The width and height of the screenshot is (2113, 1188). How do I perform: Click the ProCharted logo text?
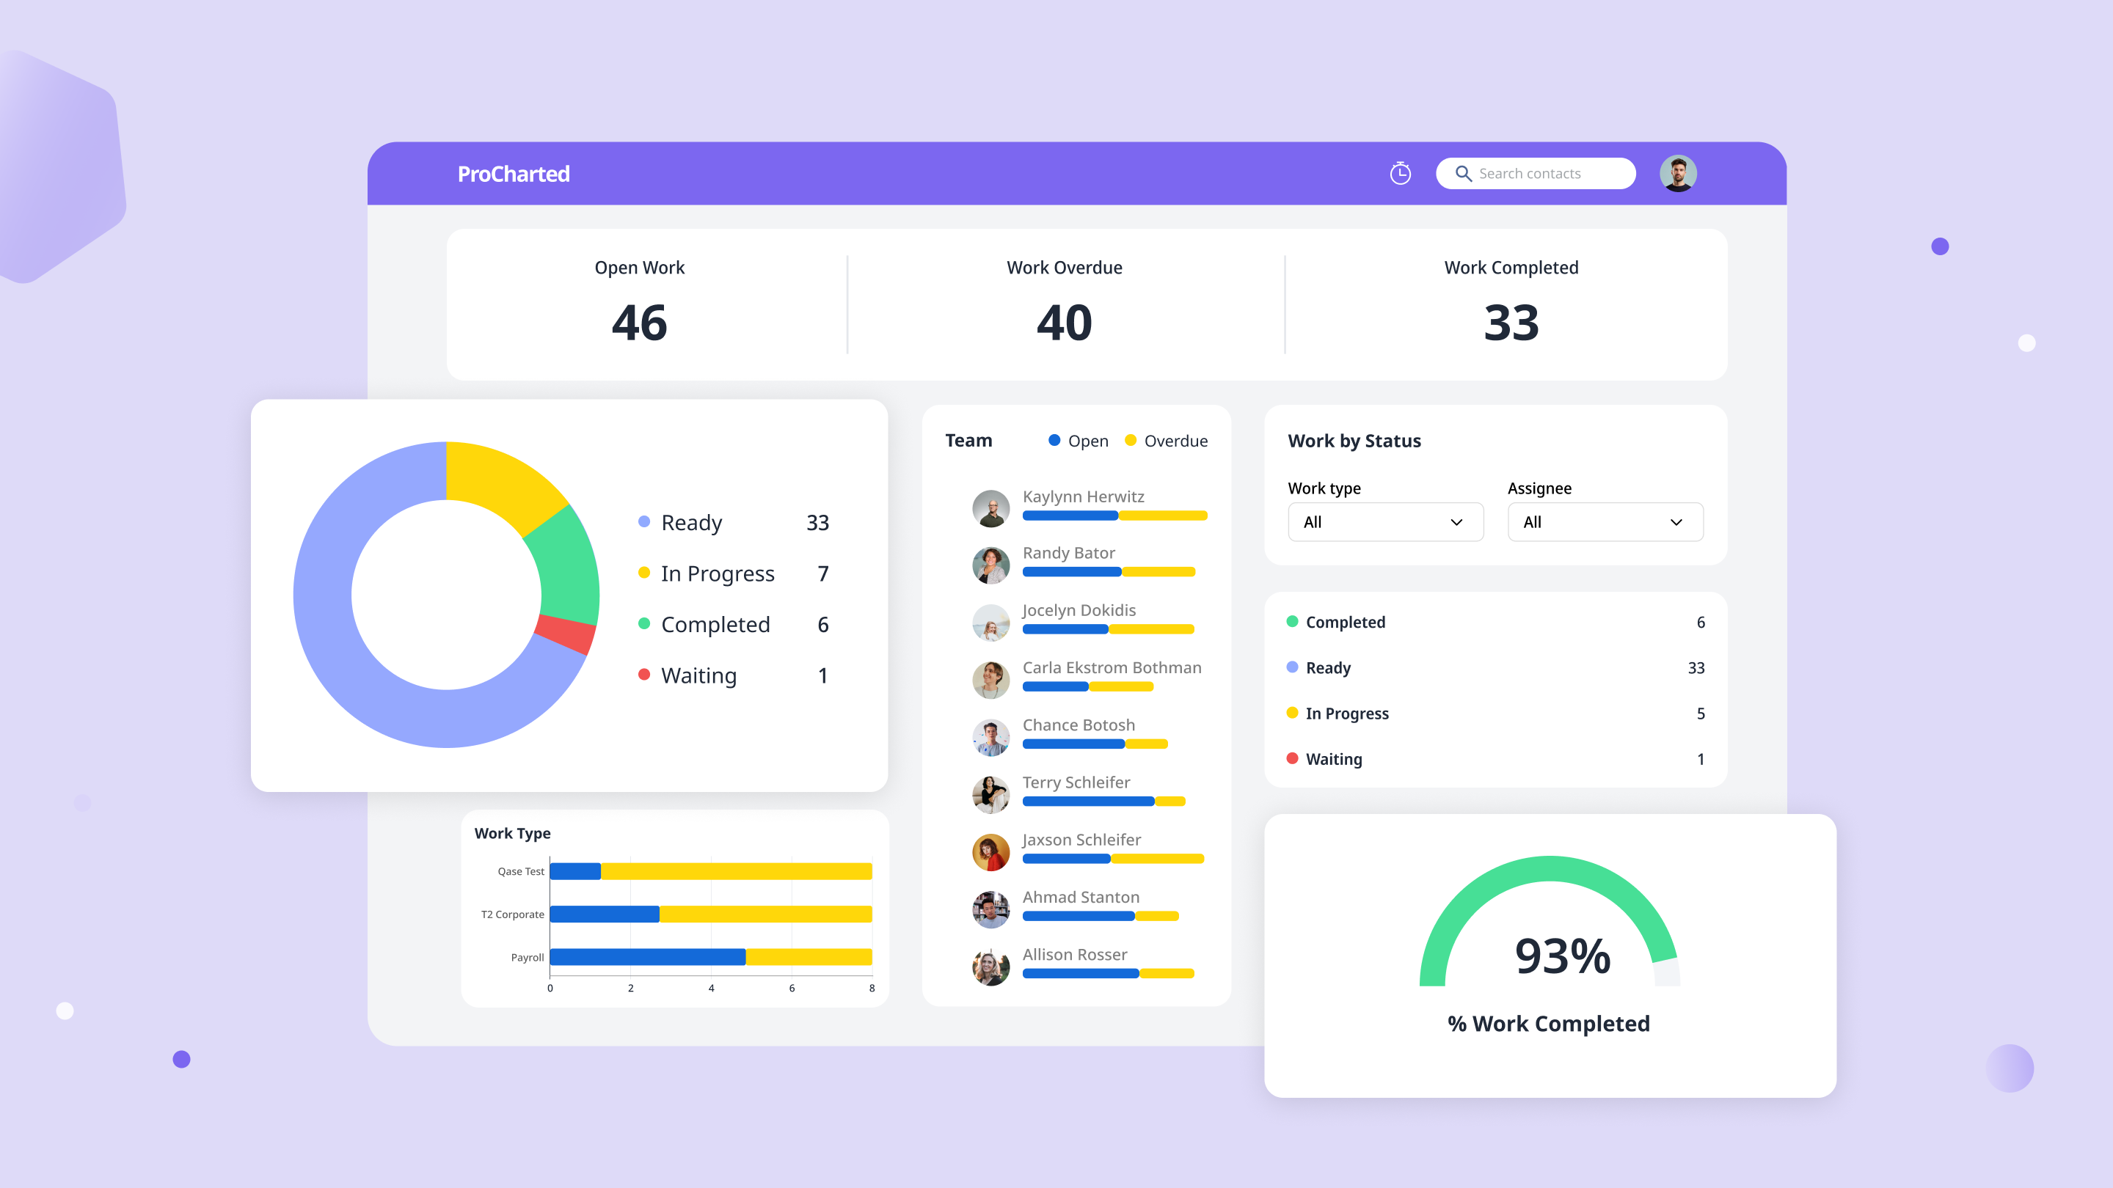(514, 174)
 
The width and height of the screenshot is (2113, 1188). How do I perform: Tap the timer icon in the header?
(1400, 174)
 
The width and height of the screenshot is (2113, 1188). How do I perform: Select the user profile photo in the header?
(1677, 174)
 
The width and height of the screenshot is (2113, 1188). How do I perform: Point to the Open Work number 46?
(639, 322)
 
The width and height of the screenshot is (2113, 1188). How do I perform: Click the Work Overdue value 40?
(1064, 322)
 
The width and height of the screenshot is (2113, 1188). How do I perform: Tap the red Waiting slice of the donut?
(565, 633)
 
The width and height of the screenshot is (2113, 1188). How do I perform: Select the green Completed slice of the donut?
(564, 565)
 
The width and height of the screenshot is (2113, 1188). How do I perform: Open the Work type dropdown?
(1384, 522)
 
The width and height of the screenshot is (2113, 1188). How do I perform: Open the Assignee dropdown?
(1605, 522)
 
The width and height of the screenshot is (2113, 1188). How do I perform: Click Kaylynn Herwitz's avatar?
(991, 508)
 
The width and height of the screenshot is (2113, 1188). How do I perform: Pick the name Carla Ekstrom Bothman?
(1112, 667)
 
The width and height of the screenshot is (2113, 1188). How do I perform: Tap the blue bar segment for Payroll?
(647, 957)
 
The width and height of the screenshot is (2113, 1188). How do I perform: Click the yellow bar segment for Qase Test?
(736, 870)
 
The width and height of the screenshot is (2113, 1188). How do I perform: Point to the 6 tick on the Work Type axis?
(792, 988)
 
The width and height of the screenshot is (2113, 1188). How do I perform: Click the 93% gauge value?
(1562, 956)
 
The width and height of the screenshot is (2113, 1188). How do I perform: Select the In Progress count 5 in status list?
(1701, 714)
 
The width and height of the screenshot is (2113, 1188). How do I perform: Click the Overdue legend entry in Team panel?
(1167, 441)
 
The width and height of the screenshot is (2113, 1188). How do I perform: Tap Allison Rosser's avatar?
(991, 967)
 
